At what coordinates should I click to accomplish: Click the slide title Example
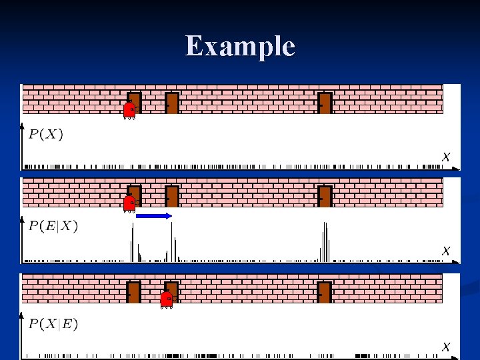pos(240,46)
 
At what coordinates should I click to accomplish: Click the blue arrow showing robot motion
pos(154,216)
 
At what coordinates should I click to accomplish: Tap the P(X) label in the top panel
pos(46,134)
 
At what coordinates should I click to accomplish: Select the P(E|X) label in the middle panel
pos(53,226)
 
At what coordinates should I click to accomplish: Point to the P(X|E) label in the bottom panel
pos(53,325)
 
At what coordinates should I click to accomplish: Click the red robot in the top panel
pos(129,110)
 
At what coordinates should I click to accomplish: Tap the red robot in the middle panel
pos(129,203)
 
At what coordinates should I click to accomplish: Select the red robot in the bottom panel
pos(167,300)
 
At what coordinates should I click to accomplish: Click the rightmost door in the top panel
pos(325,103)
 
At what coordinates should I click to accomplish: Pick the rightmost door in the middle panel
pos(325,197)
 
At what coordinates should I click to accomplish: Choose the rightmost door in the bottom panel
pos(325,293)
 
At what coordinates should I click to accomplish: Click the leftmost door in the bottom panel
pos(134,293)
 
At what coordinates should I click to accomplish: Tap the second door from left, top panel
pos(172,103)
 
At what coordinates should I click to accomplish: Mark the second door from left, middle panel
pos(172,197)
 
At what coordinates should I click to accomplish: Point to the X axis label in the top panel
pos(446,157)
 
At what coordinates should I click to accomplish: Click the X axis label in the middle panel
pos(446,251)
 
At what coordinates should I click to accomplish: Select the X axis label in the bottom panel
pos(446,347)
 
